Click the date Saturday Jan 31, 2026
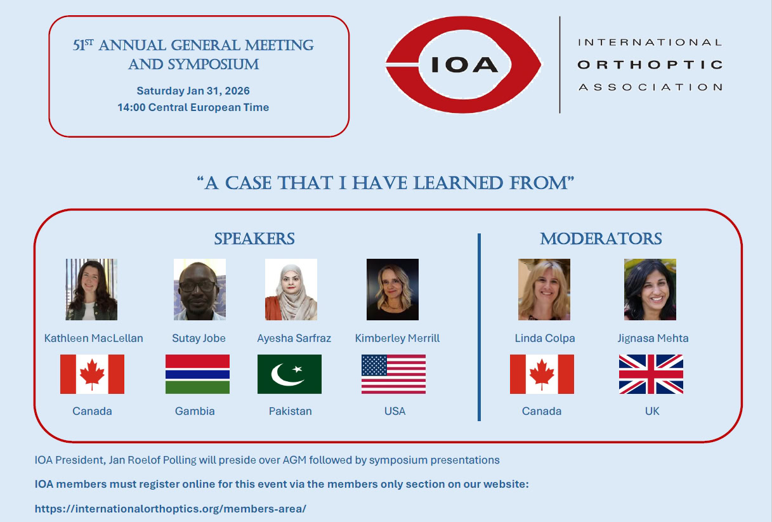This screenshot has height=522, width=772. [x=193, y=91]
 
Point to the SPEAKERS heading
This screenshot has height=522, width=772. [x=254, y=238]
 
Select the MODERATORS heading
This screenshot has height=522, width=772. [x=601, y=238]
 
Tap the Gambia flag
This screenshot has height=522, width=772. [x=197, y=374]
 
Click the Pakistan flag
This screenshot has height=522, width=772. [x=289, y=374]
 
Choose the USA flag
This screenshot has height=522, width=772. [x=393, y=374]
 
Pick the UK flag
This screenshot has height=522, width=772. [x=651, y=374]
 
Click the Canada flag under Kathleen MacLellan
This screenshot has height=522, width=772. [x=92, y=374]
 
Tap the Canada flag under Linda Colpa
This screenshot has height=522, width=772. [x=542, y=374]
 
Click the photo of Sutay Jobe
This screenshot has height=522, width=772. [x=200, y=289]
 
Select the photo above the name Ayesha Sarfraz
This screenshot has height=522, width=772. [x=291, y=289]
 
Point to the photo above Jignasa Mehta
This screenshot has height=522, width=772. [x=650, y=289]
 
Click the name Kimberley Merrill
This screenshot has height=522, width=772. [x=397, y=338]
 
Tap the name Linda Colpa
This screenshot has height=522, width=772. [x=545, y=338]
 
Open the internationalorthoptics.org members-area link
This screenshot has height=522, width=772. [x=170, y=509]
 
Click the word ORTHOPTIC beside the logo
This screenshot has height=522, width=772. [x=650, y=65]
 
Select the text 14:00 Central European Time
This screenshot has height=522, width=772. [x=193, y=107]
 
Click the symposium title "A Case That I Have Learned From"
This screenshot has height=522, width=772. [x=385, y=183]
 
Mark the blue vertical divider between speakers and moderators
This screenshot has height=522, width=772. [x=479, y=327]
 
